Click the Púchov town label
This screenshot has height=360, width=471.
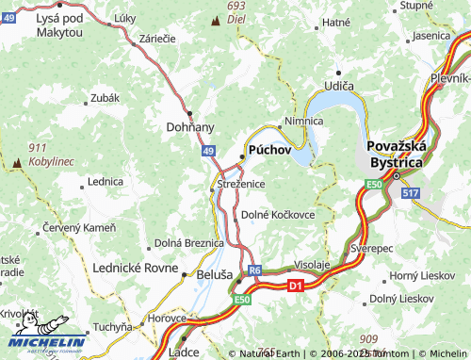[271, 150]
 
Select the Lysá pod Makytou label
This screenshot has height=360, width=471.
[58, 25]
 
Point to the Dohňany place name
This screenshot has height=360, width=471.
[190, 126]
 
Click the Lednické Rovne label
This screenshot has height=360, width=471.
[135, 268]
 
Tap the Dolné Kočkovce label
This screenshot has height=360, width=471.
[278, 215]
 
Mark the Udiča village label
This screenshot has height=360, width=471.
[339, 86]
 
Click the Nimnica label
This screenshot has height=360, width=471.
[303, 122]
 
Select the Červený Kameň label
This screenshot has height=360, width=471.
[79, 228]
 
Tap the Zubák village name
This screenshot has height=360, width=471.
[105, 97]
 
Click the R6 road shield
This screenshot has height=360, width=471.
[254, 270]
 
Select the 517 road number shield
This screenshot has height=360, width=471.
[409, 192]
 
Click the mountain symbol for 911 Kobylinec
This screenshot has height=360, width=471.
[16, 164]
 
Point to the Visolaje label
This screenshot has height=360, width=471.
[312, 264]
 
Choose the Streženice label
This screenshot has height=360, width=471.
[242, 183]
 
